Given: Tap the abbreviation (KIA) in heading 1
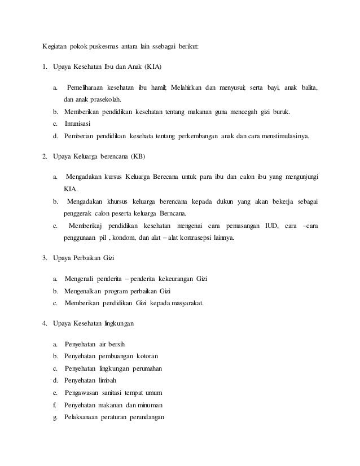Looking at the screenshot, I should (152, 67).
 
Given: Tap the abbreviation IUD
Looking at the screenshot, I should (272, 226).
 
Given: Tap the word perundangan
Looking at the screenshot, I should (142, 417).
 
